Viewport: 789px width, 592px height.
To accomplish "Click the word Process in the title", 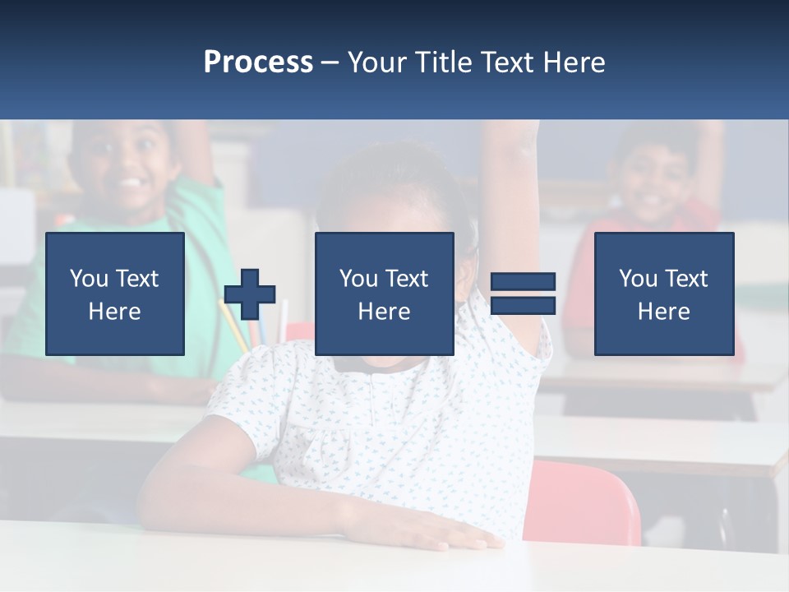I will pyautogui.click(x=258, y=62).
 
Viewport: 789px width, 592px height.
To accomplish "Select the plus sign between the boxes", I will pyautogui.click(x=250, y=294).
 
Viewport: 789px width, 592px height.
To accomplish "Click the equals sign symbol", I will pyautogui.click(x=523, y=294).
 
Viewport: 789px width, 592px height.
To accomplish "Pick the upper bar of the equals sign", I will pyautogui.click(x=523, y=282).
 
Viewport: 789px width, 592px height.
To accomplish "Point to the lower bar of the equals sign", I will pyautogui.click(x=523, y=305).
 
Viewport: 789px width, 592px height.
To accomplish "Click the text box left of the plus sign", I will pyautogui.click(x=115, y=294).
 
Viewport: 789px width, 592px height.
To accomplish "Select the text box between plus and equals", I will pyautogui.click(x=384, y=294).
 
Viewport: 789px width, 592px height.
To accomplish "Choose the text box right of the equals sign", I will pyautogui.click(x=664, y=294).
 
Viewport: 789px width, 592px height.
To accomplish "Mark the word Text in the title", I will pyautogui.click(x=505, y=62).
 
